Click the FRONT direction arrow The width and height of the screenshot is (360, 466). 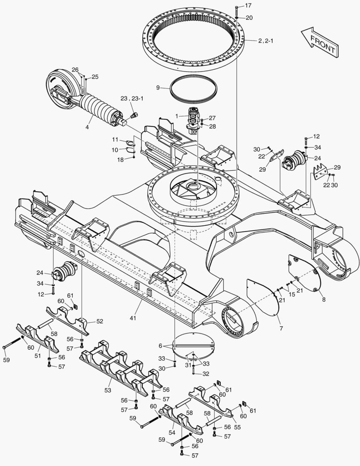click(320, 42)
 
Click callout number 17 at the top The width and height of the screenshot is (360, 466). click(248, 5)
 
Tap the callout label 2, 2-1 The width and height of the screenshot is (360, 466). click(266, 41)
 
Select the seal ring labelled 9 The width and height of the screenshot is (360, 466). click(194, 88)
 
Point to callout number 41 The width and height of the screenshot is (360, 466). click(133, 318)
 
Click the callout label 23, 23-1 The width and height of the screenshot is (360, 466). click(131, 98)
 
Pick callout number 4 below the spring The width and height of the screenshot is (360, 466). click(87, 127)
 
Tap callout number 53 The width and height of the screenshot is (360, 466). click(107, 390)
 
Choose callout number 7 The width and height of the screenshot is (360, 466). click(281, 328)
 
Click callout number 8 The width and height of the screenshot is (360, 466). click(324, 299)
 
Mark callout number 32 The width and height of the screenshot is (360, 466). click(206, 374)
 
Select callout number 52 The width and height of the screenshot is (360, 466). click(100, 321)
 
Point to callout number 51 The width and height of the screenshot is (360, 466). click(38, 356)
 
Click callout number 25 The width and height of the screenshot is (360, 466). click(95, 77)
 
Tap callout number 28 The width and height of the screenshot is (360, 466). click(213, 126)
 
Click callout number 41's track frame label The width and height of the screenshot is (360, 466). click(133, 318)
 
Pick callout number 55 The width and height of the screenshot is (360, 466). click(237, 427)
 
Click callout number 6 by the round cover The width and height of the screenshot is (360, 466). click(160, 346)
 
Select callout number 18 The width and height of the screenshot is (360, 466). click(120, 160)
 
